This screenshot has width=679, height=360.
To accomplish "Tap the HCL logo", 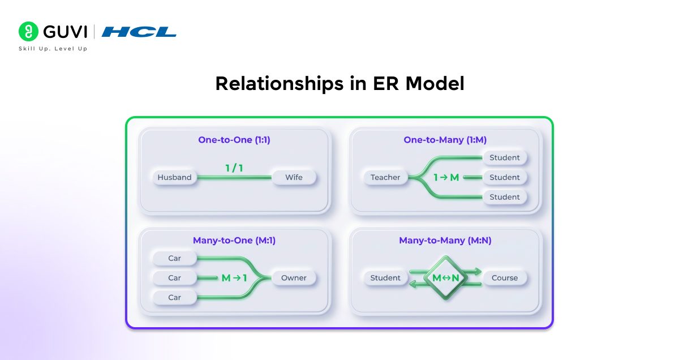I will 139,32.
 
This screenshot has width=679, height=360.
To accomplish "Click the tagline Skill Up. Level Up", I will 53,49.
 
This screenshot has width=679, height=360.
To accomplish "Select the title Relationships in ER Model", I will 339,84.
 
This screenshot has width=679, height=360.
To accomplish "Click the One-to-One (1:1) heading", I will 234,140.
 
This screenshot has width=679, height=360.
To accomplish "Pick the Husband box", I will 174,177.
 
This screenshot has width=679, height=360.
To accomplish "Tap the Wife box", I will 294,177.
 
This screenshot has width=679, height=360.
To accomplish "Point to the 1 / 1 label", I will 234,168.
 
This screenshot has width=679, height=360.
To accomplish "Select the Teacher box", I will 385,177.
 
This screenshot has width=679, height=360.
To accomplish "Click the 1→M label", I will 446,178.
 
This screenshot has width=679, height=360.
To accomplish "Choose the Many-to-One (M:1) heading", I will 234,241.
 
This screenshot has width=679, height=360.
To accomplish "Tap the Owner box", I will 294,278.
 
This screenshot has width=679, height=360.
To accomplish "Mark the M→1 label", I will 234,278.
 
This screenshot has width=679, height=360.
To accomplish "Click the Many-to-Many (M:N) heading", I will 445,241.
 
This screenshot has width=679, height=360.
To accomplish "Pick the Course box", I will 505,278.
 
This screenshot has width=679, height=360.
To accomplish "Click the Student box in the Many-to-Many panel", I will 385,278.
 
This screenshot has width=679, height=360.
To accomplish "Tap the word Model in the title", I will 435,84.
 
